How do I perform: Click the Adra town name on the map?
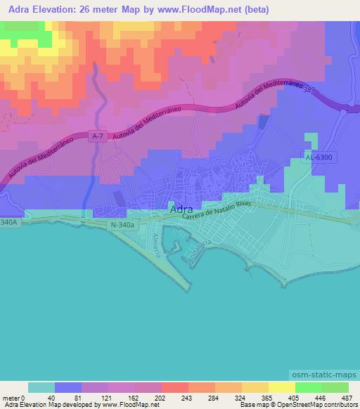click(x=178, y=209)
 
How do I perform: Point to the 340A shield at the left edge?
click(x=8, y=223)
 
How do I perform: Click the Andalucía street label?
click(x=198, y=250)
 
